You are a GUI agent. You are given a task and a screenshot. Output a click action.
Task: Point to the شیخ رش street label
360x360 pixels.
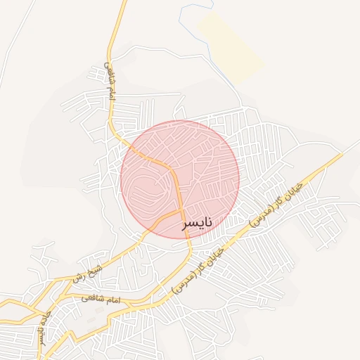(85, 272)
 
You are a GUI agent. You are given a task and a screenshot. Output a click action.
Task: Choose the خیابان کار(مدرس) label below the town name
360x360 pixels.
(198, 270)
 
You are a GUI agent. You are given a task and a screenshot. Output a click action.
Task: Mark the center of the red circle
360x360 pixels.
(180, 179)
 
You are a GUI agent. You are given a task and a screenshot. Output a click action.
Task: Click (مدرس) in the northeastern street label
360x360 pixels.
(263, 218)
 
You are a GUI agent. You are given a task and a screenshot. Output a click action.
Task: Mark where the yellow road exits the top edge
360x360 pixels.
(124, 1)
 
